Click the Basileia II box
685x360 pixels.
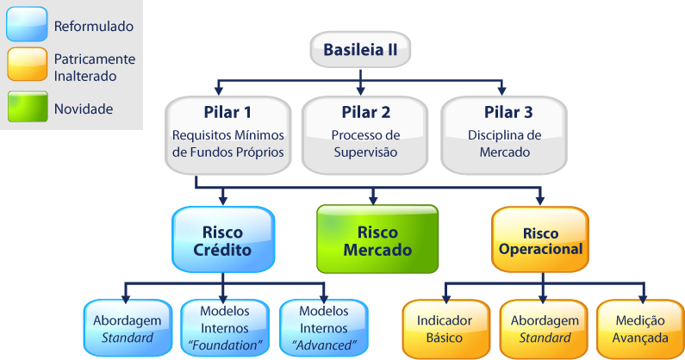(x=359, y=50)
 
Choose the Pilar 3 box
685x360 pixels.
(x=504, y=133)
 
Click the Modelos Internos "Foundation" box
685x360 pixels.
(x=223, y=328)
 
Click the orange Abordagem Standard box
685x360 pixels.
(x=542, y=328)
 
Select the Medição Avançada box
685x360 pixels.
(x=638, y=328)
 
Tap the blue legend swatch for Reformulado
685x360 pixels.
(x=25, y=27)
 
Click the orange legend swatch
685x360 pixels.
(x=25, y=67)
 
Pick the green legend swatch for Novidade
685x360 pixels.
(x=25, y=108)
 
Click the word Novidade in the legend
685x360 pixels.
(x=84, y=109)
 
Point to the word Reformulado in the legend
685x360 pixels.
(x=93, y=27)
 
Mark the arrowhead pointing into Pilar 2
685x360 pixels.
(x=362, y=89)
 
